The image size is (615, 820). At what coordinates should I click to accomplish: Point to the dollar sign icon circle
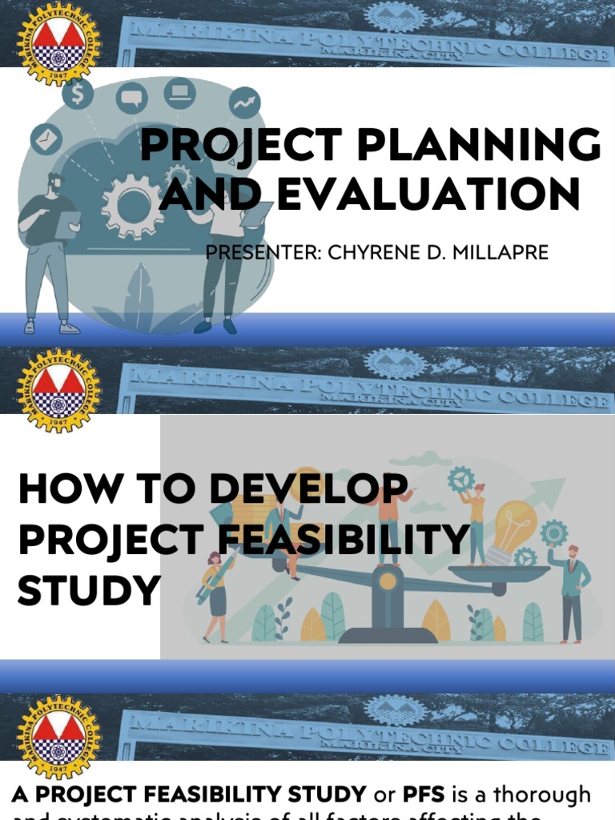[x=78, y=95]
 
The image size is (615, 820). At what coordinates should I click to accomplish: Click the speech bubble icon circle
[x=131, y=98]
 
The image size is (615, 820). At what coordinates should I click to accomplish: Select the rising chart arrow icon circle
[x=244, y=102]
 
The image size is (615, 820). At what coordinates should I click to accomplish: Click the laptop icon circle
[x=179, y=94]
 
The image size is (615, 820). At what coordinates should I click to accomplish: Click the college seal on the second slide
[x=58, y=391]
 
